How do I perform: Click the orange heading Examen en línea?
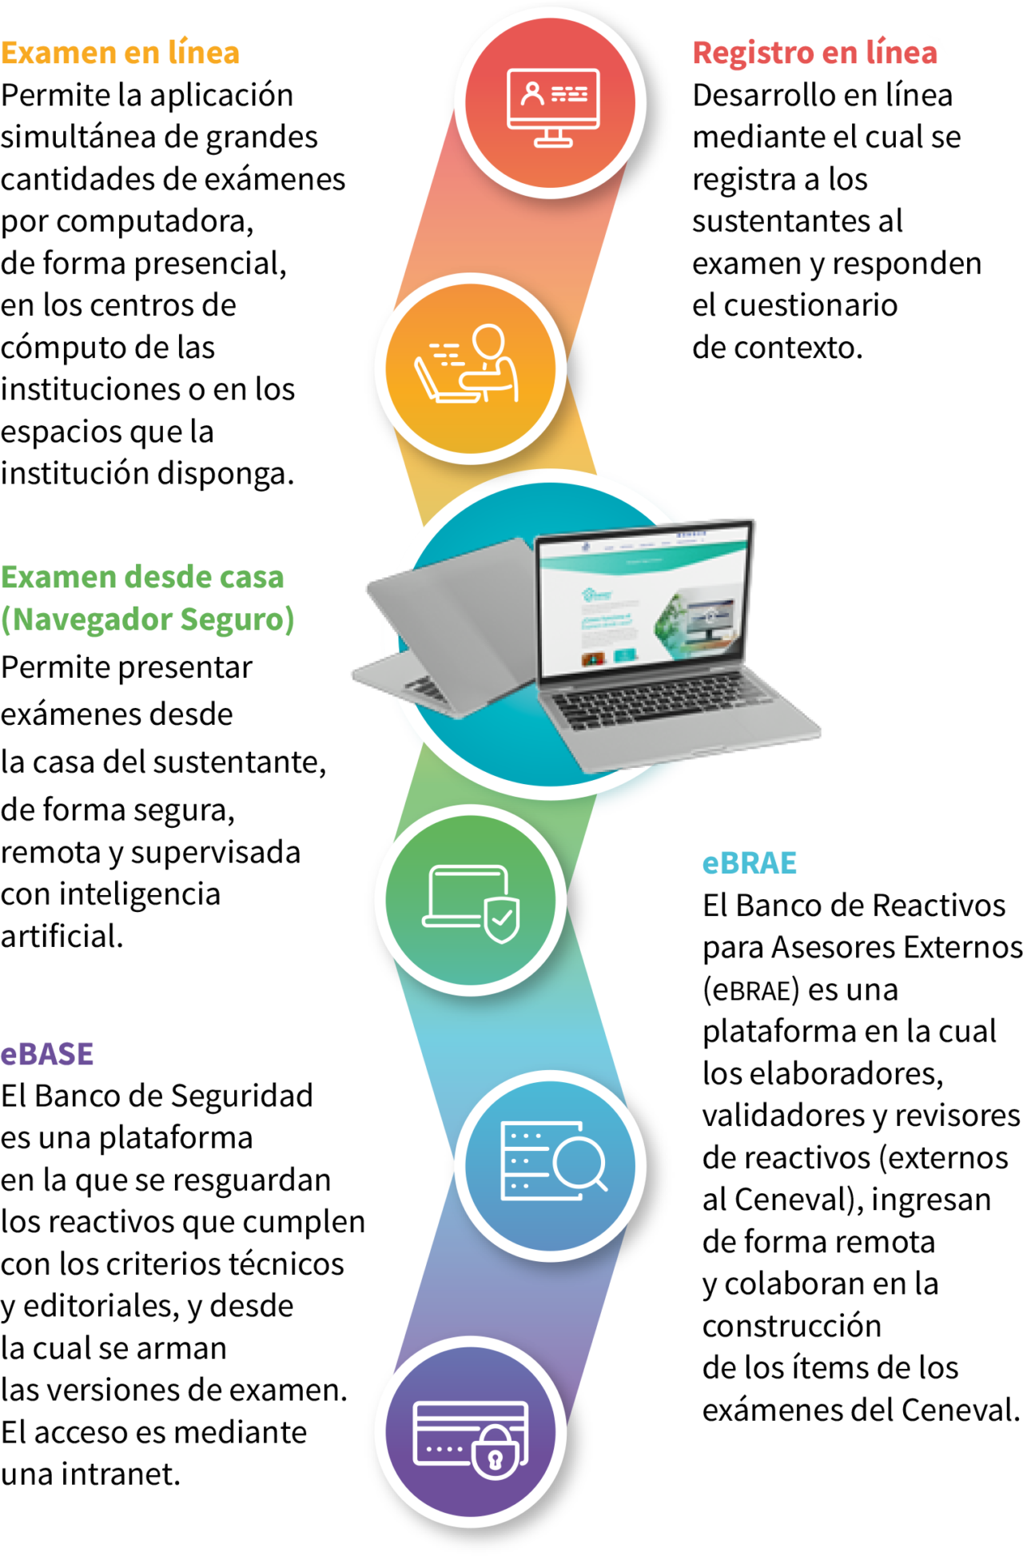[120, 54]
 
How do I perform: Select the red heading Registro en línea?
[814, 54]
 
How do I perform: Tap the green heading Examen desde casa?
[142, 577]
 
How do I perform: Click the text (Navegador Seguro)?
[148, 619]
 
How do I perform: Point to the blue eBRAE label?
[749, 863]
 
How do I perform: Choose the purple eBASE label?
[47, 1054]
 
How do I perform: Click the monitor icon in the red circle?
[552, 106]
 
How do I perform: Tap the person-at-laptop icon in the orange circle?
[468, 364]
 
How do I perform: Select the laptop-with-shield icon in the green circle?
[472, 901]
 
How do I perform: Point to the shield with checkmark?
[501, 919]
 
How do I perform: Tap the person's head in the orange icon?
[488, 342]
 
